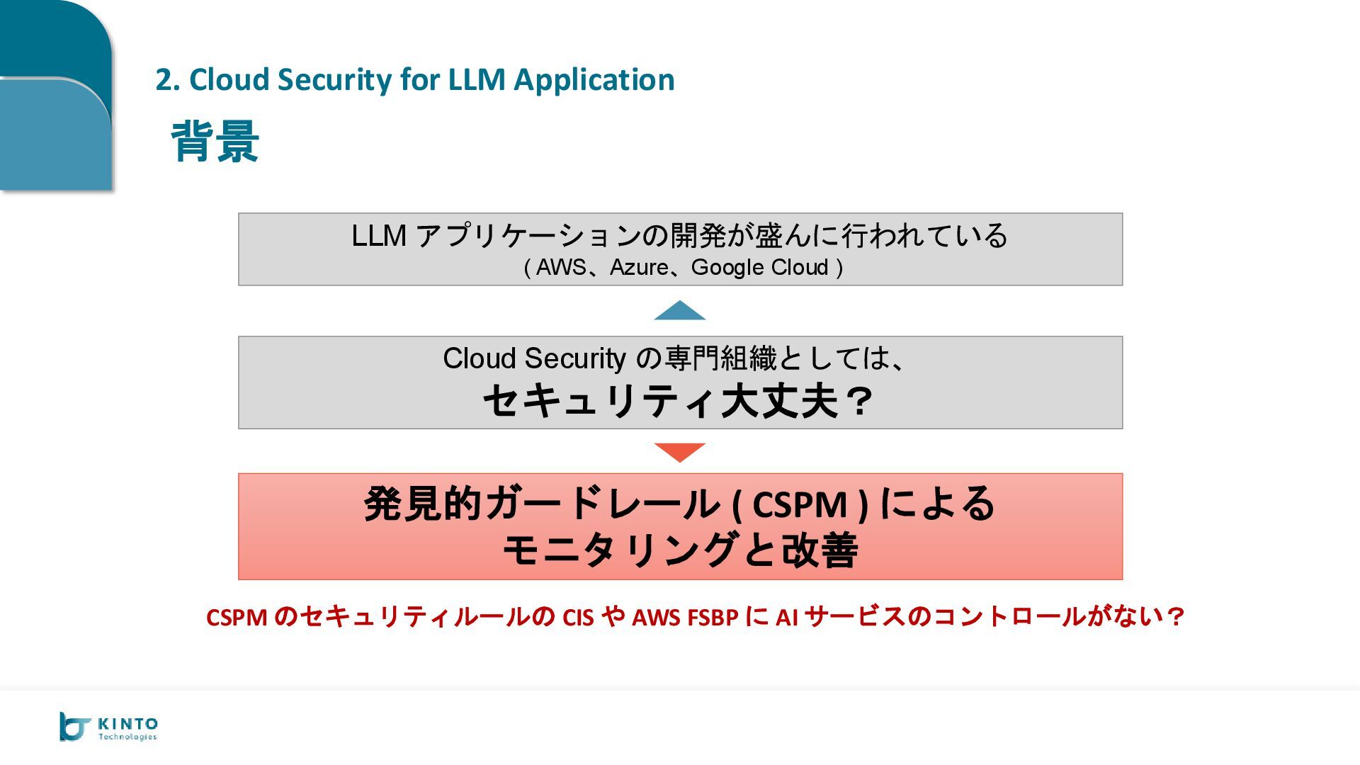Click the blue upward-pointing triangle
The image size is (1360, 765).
(x=679, y=312)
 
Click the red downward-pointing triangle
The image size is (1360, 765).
(x=679, y=451)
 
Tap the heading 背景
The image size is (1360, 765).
(x=215, y=142)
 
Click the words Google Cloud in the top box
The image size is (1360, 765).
(x=759, y=268)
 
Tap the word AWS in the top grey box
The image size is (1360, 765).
(x=561, y=268)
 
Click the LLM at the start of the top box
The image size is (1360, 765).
(x=379, y=236)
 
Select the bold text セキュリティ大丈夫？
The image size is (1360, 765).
(x=679, y=401)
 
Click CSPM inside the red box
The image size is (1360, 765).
(x=799, y=505)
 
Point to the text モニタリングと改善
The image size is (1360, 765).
(x=680, y=550)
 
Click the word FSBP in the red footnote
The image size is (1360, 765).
(x=713, y=618)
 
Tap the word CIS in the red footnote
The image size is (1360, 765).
(x=577, y=618)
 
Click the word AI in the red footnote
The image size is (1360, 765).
(x=787, y=618)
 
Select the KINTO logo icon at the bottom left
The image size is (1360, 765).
(x=74, y=727)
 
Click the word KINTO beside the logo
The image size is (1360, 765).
(x=128, y=724)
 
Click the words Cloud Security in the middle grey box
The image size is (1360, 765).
(x=534, y=358)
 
